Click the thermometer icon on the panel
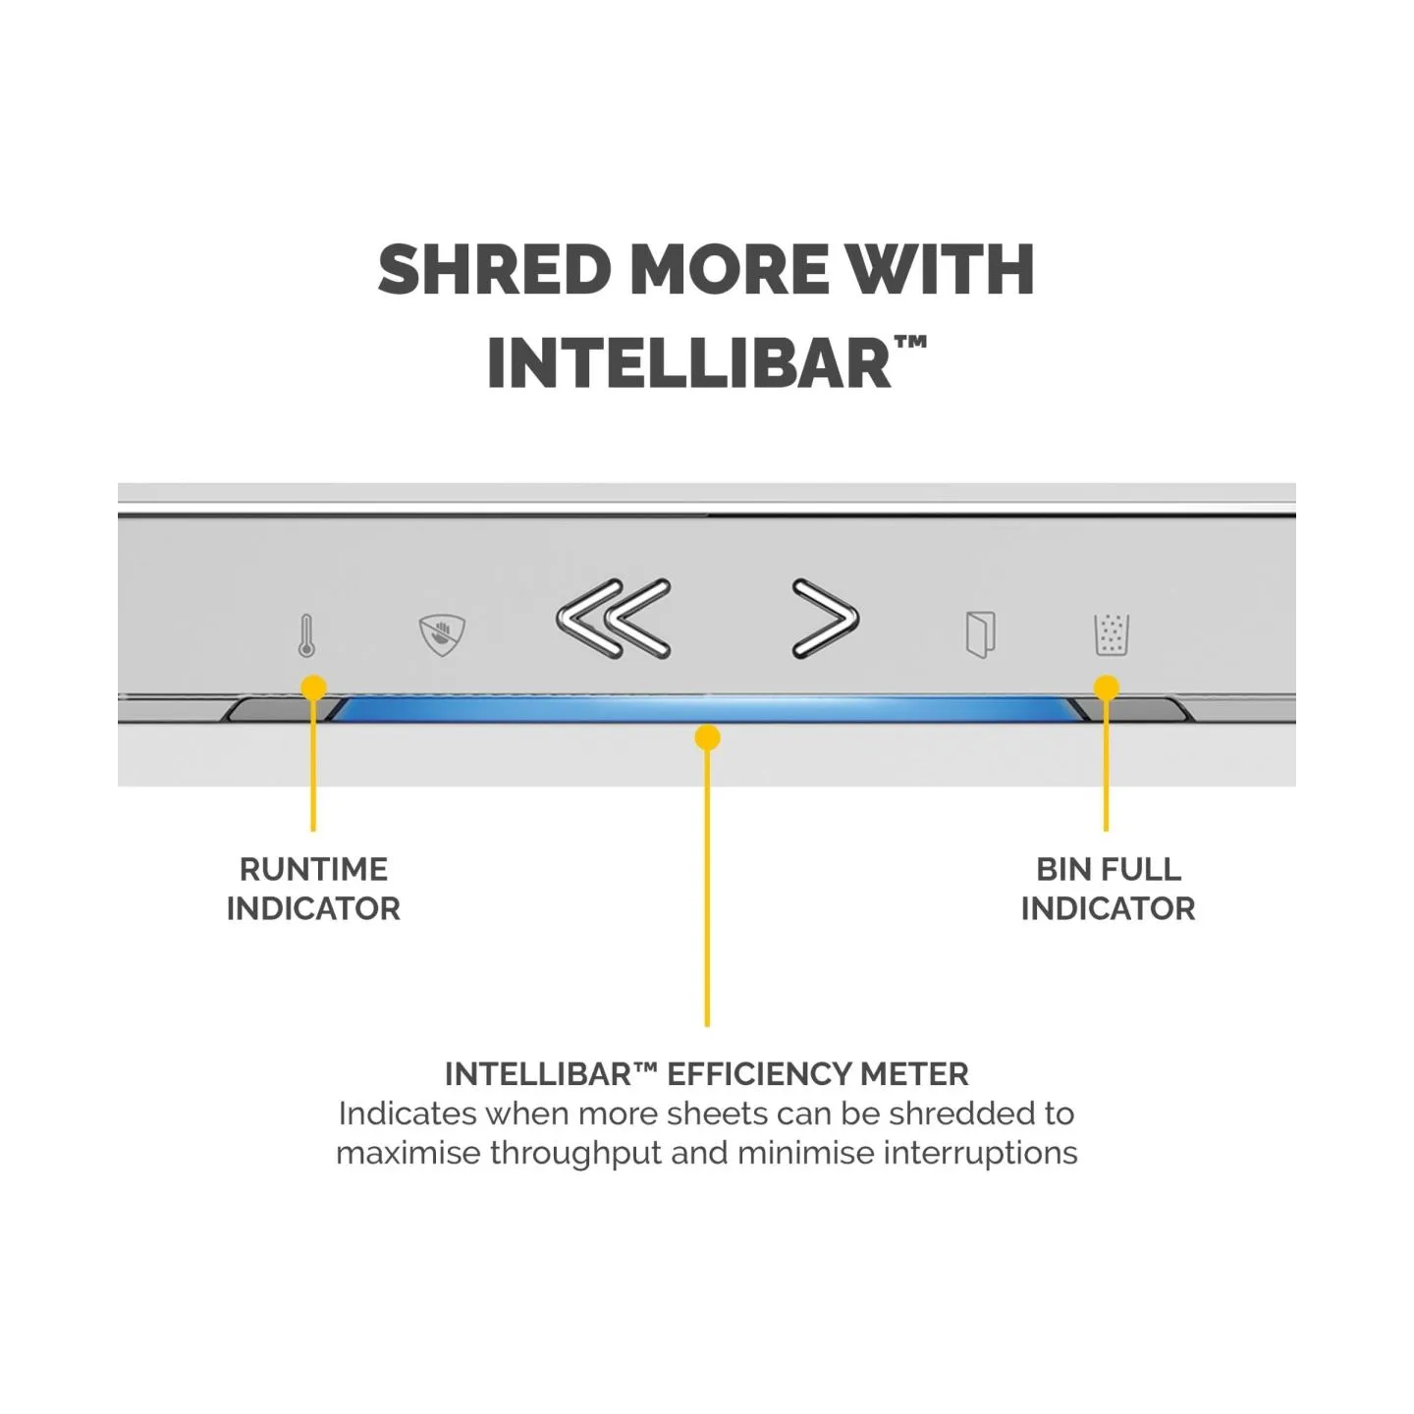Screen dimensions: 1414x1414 pos(306,634)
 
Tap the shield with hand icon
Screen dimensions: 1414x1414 pos(442,634)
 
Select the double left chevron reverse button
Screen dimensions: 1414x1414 pos(614,618)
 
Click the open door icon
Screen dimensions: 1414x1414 pos(980,634)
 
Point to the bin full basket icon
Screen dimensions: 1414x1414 pos(1111,634)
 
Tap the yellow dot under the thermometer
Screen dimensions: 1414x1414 pos(314,687)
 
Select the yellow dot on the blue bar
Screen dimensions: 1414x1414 pos(707,736)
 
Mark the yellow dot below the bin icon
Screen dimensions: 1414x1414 pos(1107,687)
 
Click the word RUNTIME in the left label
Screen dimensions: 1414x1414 pos(313,870)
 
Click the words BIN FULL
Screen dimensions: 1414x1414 pos(1108,870)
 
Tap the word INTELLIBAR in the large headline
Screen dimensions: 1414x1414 pos(689,362)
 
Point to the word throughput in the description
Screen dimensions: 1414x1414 pos(576,1153)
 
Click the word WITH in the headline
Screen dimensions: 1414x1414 pos(940,269)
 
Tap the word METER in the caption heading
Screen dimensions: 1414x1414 pos(914,1074)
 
